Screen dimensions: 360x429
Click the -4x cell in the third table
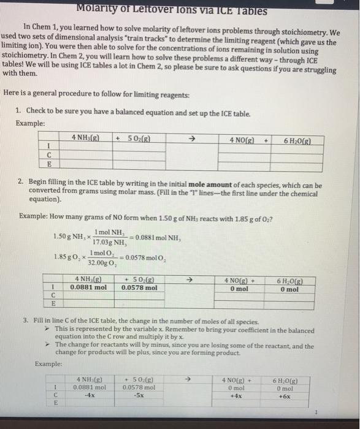click(x=89, y=395)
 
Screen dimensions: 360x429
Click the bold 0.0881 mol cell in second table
click(x=89, y=286)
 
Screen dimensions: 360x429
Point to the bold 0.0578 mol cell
click(x=139, y=286)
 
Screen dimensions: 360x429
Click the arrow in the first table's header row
click(x=191, y=139)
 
